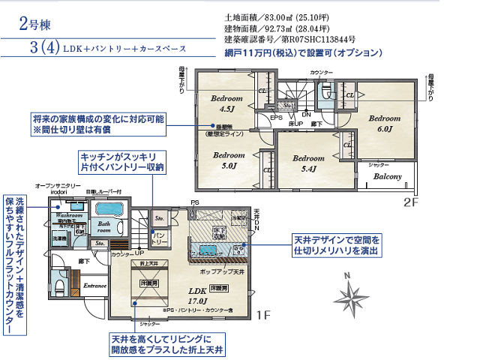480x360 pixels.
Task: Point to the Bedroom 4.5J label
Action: tap(226, 103)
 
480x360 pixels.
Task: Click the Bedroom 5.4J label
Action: tap(308, 163)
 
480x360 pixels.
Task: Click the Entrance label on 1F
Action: tap(95, 286)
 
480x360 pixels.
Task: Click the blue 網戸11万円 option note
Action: tap(303, 54)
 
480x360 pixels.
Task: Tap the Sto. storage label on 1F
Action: tap(159, 220)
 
